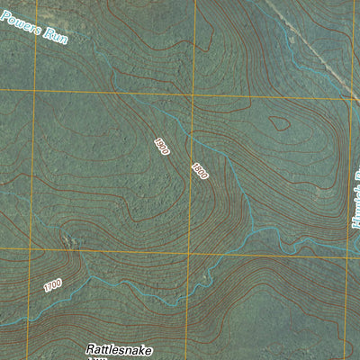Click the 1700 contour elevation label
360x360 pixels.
click(52, 285)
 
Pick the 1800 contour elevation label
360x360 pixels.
click(200, 170)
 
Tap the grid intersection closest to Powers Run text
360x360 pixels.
click(36, 91)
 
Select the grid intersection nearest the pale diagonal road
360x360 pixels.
click(348, 97)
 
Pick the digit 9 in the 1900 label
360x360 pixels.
click(159, 143)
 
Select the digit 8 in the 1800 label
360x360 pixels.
click(197, 167)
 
